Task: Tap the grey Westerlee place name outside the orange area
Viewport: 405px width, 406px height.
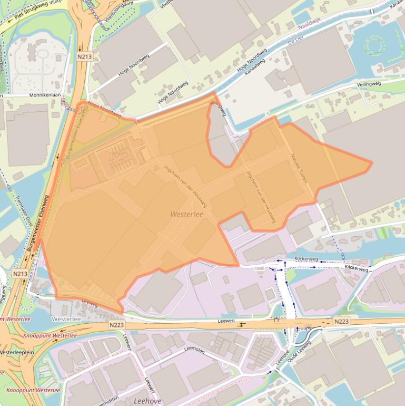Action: click(65, 319)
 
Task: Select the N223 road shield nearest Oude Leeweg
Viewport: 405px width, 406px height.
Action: click(341, 321)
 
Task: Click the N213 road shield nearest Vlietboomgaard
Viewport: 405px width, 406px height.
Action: click(83, 56)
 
